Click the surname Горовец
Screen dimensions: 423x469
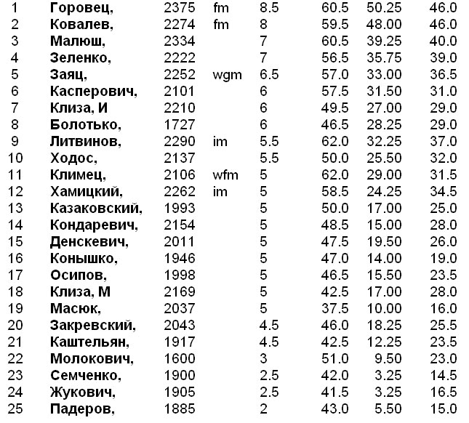pyautogui.click(x=81, y=8)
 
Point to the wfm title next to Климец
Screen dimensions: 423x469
pyautogui.click(x=226, y=174)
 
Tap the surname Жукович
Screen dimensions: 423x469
pyautogui.click(x=84, y=392)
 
